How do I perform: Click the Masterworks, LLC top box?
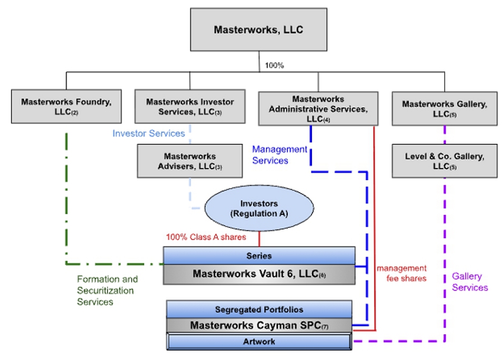pos(258,30)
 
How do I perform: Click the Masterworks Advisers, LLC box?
pos(190,161)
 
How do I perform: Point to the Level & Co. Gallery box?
pos(445,161)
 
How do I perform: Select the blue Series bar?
pos(259,256)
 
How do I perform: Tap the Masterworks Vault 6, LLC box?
pos(259,274)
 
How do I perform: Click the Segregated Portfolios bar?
pos(259,309)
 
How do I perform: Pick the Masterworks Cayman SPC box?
pos(259,325)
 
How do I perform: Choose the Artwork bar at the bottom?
pos(259,341)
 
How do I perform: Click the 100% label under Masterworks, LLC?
pos(274,65)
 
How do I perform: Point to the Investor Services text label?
pos(148,134)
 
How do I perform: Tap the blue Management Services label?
pos(279,155)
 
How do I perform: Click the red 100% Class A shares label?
pos(206,237)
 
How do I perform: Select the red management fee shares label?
pos(402,273)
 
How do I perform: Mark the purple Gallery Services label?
pos(470,282)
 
